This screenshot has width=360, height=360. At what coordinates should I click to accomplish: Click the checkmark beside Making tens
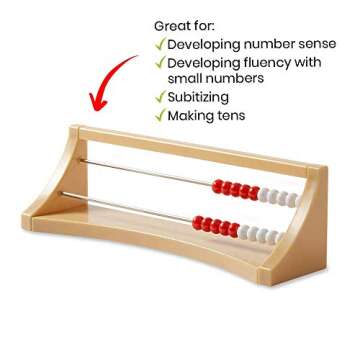(x=158, y=115)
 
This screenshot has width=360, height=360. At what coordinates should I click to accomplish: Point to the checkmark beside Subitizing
(x=158, y=97)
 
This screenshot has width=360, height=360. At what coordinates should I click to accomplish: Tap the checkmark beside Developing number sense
(x=158, y=44)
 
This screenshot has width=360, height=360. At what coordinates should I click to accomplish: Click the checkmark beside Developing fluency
(x=158, y=63)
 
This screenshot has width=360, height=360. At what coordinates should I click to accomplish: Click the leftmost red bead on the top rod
(x=218, y=185)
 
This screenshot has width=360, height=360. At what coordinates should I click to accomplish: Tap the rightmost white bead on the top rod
(x=292, y=197)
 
